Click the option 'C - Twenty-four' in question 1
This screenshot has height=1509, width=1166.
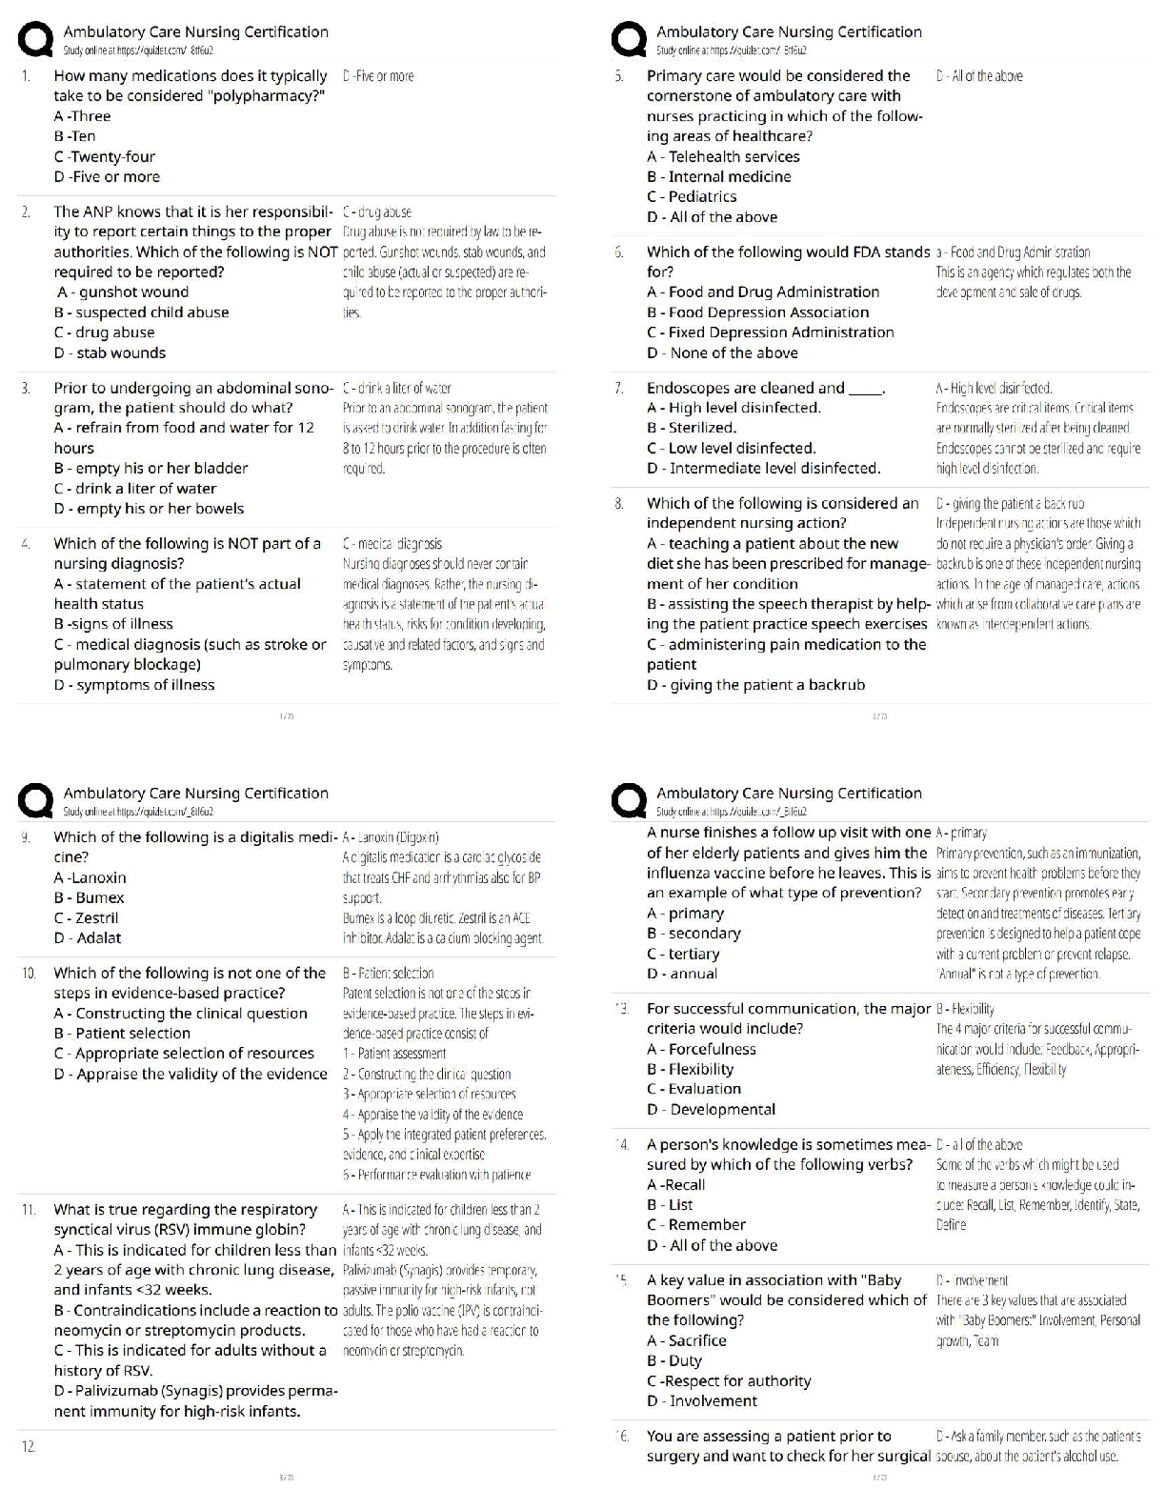(x=104, y=156)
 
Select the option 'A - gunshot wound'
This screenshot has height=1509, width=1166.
(x=122, y=292)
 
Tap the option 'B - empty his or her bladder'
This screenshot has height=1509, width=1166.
(x=151, y=468)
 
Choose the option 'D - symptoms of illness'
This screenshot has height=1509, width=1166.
(x=134, y=684)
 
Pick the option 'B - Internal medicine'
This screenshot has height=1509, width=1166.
(x=718, y=176)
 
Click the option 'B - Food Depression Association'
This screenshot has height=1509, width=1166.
(x=757, y=312)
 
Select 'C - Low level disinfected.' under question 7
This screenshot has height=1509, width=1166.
(x=731, y=448)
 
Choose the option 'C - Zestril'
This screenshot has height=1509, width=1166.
(x=86, y=917)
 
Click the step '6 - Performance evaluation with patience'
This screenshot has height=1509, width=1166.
(x=436, y=1175)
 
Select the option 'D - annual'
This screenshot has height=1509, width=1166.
(x=681, y=974)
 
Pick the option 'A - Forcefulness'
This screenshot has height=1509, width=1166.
(x=701, y=1049)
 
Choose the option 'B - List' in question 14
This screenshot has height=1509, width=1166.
(x=670, y=1204)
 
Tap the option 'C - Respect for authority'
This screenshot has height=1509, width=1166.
(x=729, y=1380)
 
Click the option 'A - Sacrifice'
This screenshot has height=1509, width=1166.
(x=686, y=1340)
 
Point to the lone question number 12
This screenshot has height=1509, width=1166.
(x=29, y=1446)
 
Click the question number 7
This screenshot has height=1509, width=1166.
(x=619, y=388)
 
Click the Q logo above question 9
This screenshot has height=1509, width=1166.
(x=36, y=800)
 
